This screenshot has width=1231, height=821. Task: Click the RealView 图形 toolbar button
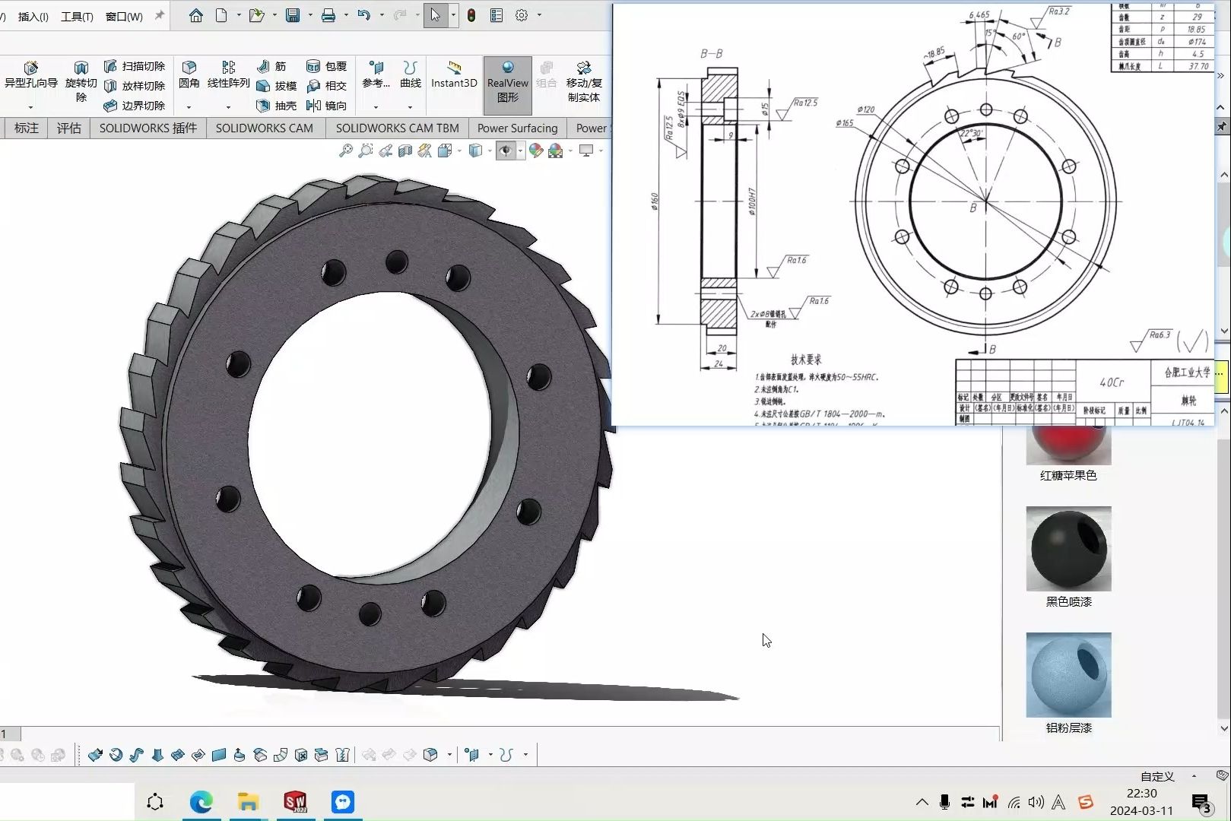pos(507,83)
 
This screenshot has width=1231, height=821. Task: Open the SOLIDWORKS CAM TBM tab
pos(397,128)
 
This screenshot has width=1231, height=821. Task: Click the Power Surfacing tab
pos(517,128)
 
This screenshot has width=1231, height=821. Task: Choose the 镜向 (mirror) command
pos(327,106)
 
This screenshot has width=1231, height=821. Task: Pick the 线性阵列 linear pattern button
pos(228,75)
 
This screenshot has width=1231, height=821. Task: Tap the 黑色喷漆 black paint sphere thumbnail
pos(1068,549)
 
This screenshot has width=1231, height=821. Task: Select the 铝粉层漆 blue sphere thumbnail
pos(1068,675)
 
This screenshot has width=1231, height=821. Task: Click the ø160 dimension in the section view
pos(655,201)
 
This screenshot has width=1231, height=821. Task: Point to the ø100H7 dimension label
pos(752,201)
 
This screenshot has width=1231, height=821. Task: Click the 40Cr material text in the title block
pos(1111,382)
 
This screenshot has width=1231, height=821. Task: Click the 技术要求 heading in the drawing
pos(806,360)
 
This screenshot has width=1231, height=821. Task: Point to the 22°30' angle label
pos(971,133)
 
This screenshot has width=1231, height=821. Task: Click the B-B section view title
pos(711,54)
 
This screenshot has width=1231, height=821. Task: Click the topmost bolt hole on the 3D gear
pos(396,262)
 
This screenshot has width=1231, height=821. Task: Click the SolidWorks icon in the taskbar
pos(295,802)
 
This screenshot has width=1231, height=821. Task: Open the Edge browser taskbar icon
pos(201,802)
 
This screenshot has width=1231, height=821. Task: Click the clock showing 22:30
pos(1141,794)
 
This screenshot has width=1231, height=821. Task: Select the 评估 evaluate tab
pos(68,128)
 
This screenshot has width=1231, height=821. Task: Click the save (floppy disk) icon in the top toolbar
pos(293,15)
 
